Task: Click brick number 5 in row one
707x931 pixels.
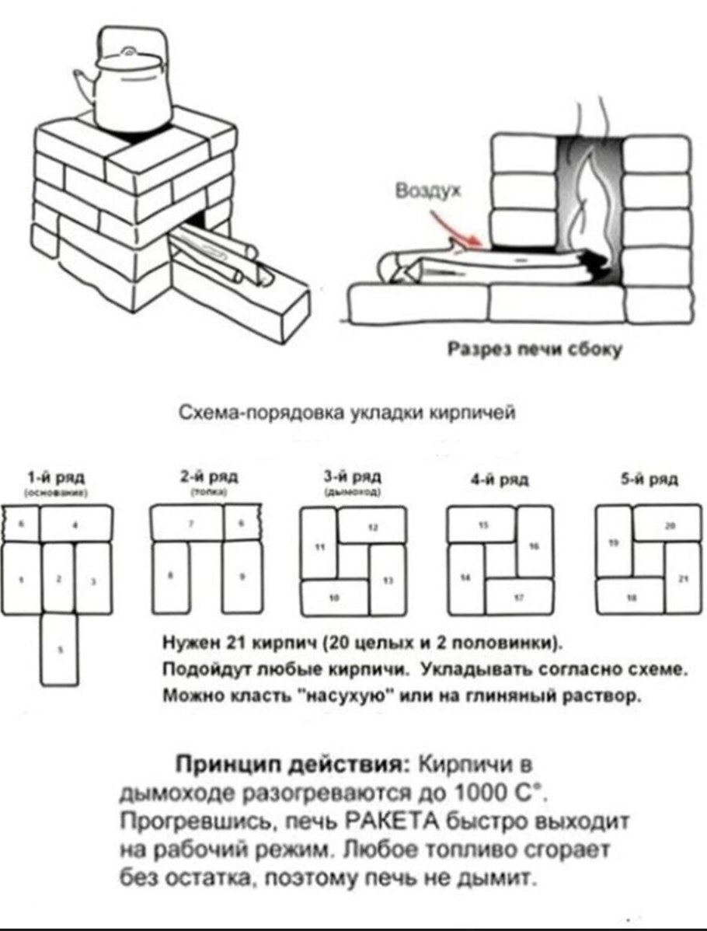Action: tap(60, 649)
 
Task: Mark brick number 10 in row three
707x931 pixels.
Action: tap(335, 597)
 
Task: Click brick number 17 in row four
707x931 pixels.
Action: tap(519, 597)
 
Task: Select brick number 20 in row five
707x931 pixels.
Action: tap(667, 524)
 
